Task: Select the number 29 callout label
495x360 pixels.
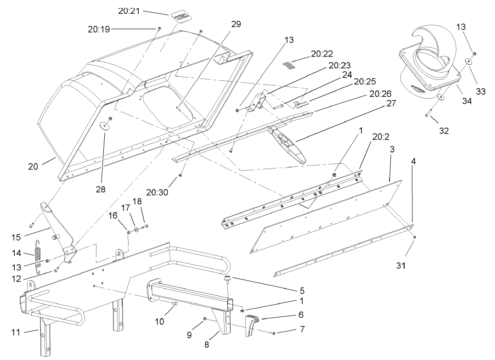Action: point(236,24)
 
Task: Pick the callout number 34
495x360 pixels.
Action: point(467,101)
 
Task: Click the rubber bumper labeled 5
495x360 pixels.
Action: point(227,280)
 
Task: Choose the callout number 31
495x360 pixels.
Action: point(401,264)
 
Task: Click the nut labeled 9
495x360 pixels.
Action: point(205,319)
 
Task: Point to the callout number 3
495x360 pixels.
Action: point(391,150)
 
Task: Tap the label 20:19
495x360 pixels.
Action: point(99,29)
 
